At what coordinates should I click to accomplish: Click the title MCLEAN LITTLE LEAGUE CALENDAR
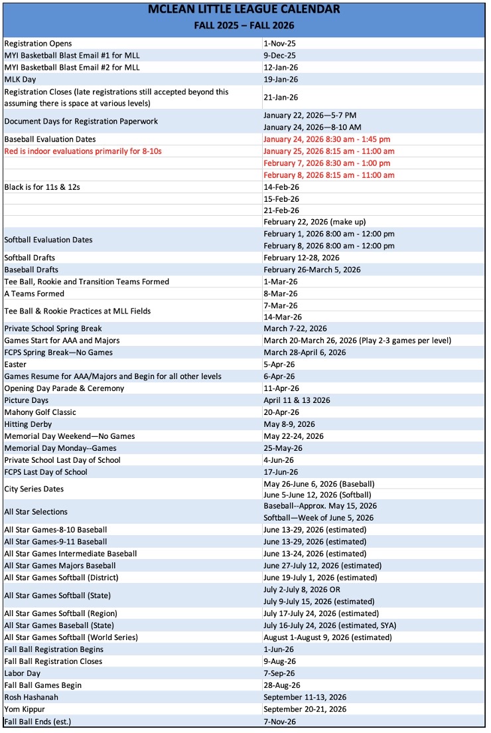(245, 9)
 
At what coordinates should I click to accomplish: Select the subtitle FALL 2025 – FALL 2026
(245, 26)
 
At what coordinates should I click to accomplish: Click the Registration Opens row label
(38, 44)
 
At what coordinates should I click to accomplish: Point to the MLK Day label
(21, 80)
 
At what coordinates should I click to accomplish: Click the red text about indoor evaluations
(83, 151)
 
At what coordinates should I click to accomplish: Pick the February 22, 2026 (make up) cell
(315, 222)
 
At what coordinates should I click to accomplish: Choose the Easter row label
(15, 365)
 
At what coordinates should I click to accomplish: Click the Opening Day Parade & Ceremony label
(64, 388)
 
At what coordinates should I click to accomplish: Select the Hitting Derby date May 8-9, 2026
(289, 424)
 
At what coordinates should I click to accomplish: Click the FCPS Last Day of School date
(279, 472)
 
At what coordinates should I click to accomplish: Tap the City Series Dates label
(35, 489)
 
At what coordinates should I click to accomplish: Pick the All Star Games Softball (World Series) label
(71, 637)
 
